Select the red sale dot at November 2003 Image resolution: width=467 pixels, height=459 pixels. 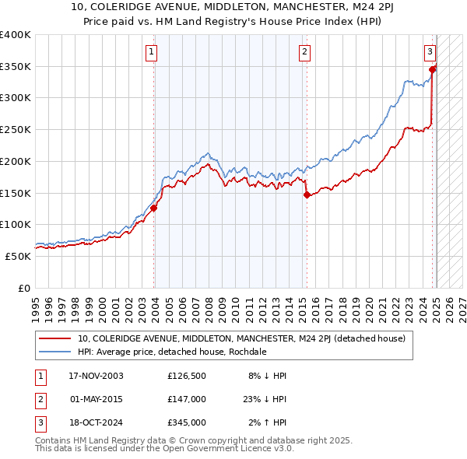click(154, 208)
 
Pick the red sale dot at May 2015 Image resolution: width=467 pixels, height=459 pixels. click(307, 195)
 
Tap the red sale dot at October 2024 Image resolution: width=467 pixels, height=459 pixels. click(433, 70)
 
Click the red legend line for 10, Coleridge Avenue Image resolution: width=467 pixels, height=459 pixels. click(54, 338)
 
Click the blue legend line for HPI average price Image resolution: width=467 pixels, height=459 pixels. click(54, 352)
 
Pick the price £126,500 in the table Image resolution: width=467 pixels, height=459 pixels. click(186, 376)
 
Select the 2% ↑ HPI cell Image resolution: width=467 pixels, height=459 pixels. click(269, 422)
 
